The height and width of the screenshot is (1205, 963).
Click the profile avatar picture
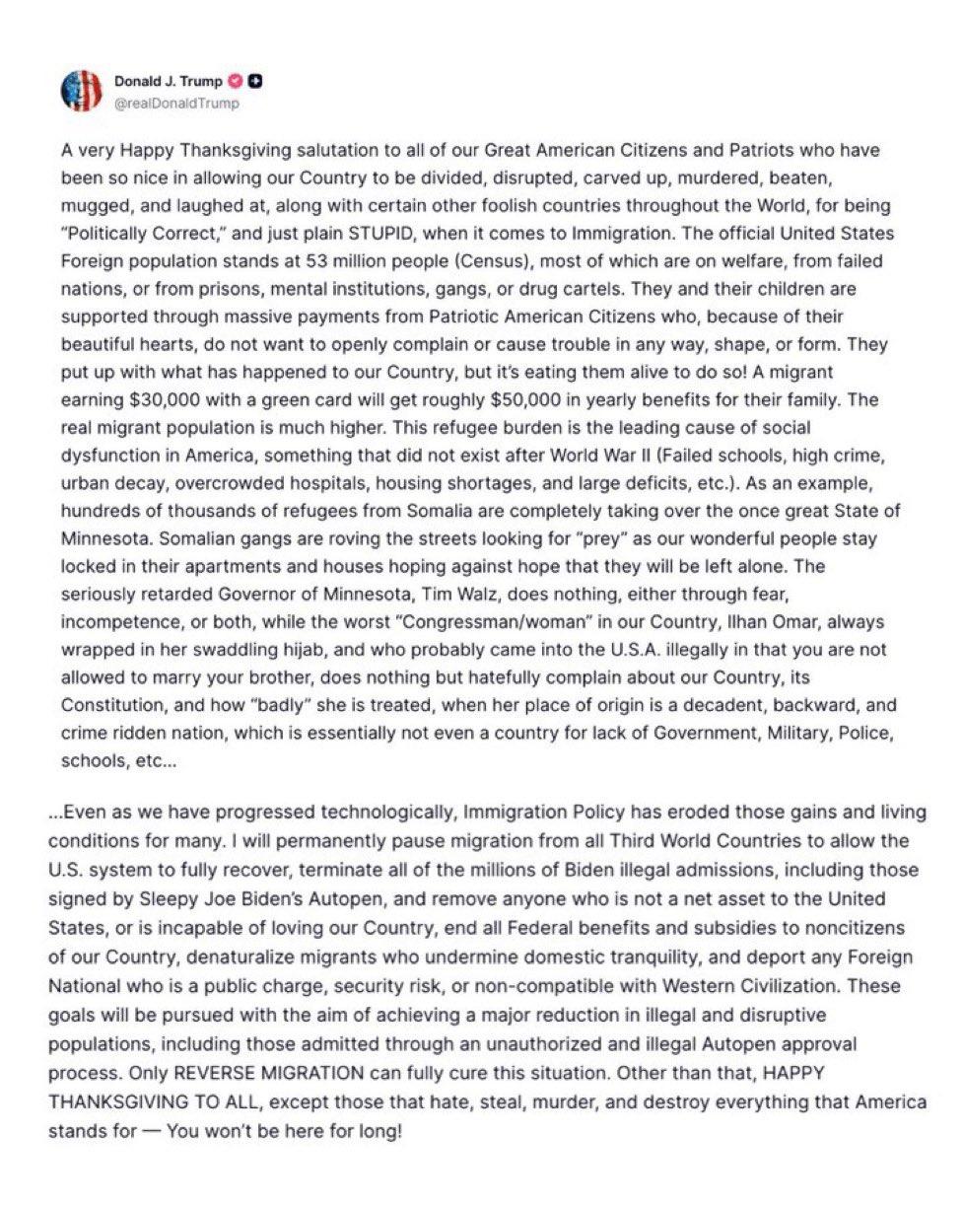tap(82, 91)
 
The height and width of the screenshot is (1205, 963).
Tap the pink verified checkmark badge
tap(236, 82)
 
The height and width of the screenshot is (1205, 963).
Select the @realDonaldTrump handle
tap(177, 103)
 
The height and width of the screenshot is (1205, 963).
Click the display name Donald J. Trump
tap(169, 82)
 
